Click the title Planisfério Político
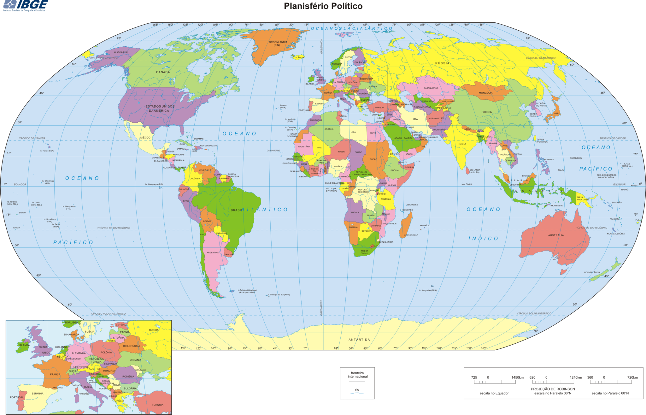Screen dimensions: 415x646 click(x=323, y=6)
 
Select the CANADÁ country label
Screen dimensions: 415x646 click(x=163, y=72)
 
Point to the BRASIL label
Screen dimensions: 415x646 click(x=237, y=210)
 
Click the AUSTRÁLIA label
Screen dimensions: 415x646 click(x=556, y=235)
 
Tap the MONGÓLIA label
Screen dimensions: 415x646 click(x=485, y=93)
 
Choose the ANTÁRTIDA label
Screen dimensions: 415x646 click(x=359, y=340)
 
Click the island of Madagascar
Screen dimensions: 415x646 click(x=406, y=225)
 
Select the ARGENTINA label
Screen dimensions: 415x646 click(x=213, y=252)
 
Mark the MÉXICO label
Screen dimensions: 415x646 click(x=145, y=138)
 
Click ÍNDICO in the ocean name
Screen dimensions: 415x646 click(x=483, y=239)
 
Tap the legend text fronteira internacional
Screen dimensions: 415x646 click(x=357, y=375)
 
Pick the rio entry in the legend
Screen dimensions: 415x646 click(x=357, y=390)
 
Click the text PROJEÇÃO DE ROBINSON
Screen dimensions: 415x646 click(x=553, y=389)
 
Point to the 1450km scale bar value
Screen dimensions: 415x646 click(x=517, y=377)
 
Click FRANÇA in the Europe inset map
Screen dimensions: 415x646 click(x=55, y=375)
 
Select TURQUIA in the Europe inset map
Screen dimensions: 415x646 click(x=157, y=405)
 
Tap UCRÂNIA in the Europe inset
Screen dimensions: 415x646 click(x=135, y=360)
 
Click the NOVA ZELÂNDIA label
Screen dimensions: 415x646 click(x=592, y=272)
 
